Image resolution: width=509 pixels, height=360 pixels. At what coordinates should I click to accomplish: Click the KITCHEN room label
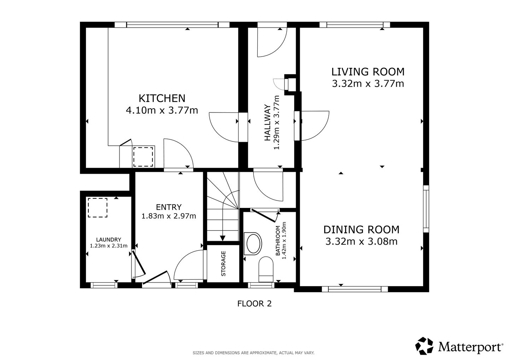(162, 98)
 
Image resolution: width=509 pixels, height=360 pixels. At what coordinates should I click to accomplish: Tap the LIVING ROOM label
(368, 72)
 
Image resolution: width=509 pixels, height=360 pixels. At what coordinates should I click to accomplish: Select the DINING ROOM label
(361, 230)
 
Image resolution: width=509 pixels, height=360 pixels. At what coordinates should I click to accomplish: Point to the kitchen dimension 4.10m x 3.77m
(162, 110)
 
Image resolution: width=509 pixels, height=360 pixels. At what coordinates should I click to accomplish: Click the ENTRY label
(169, 207)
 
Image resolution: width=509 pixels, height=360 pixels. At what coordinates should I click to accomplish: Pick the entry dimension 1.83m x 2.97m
(169, 216)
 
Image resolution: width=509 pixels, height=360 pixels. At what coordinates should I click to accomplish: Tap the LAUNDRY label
(109, 239)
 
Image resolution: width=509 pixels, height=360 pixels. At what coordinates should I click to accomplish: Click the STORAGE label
(223, 264)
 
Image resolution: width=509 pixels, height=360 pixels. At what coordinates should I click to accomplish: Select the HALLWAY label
(268, 122)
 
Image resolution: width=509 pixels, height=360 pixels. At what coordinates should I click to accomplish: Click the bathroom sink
(253, 243)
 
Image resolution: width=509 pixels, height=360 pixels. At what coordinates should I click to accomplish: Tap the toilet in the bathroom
(266, 269)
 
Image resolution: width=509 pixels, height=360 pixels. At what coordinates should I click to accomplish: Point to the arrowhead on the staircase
(223, 238)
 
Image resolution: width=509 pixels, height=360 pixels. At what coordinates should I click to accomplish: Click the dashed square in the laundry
(98, 208)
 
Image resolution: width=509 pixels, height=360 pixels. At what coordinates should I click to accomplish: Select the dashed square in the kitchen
(143, 157)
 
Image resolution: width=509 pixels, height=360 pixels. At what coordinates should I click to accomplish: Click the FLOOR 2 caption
(255, 304)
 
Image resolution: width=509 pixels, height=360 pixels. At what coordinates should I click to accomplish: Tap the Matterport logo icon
(424, 346)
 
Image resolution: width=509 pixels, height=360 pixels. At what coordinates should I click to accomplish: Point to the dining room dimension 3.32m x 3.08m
(362, 242)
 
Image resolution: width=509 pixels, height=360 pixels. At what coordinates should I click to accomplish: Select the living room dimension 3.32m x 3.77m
(368, 84)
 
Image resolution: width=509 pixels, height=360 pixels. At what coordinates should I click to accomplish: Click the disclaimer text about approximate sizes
(253, 353)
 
